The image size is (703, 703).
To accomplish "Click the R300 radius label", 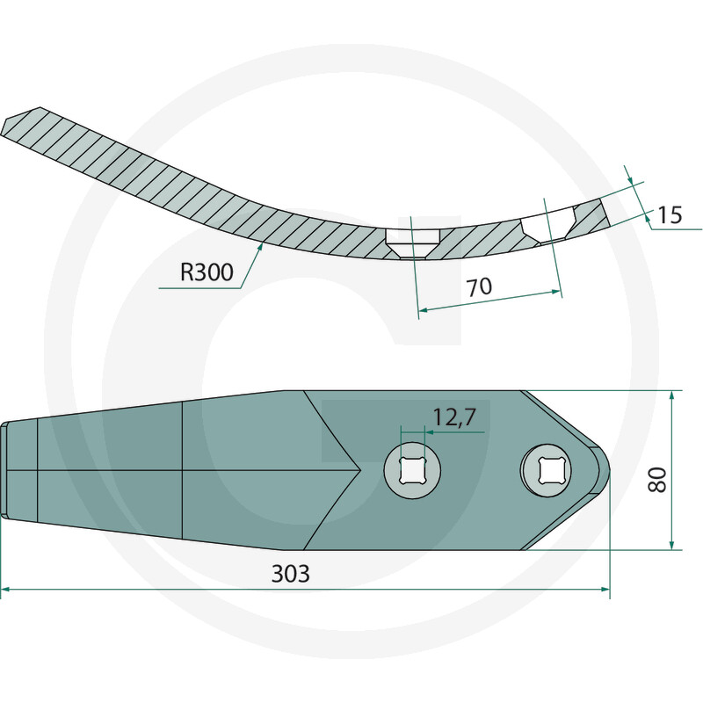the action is [x=207, y=272].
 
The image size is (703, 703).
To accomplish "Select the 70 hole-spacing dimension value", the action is [x=479, y=287].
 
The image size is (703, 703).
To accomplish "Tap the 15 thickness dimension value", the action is [x=670, y=215].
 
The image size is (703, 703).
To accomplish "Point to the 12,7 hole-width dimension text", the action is [x=453, y=417].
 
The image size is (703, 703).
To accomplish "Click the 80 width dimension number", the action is [x=657, y=480].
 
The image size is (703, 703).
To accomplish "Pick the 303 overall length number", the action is [x=291, y=574].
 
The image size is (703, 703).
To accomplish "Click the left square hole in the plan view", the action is [x=412, y=470].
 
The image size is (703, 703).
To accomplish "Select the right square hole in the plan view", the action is [x=546, y=470].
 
